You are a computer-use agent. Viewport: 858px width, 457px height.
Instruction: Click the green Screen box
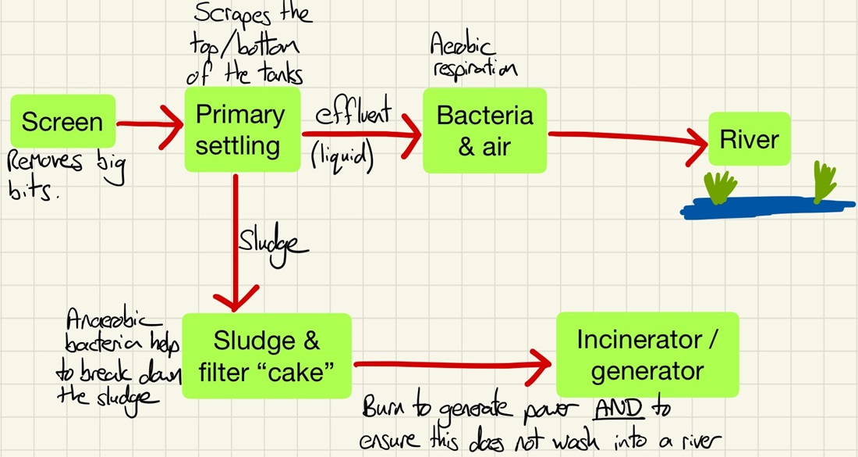tap(62, 122)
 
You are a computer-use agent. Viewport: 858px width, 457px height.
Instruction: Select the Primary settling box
tap(241, 130)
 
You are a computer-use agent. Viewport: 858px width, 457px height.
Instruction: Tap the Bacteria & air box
tap(484, 130)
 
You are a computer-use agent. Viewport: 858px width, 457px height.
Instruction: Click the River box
tap(749, 140)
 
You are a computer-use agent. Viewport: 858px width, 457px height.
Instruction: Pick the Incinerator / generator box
tap(647, 355)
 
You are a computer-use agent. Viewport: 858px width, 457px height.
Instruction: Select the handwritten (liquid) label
tap(342, 156)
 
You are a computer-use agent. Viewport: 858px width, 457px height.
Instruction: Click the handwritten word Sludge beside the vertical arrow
tap(275, 243)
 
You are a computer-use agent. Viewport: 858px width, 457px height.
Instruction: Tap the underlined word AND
tap(615, 409)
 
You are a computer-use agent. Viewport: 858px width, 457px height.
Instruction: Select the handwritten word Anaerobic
tap(112, 320)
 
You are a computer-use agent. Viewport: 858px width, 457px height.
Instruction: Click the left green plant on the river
tap(720, 187)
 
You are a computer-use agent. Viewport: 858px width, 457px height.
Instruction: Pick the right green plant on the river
tap(824, 181)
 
